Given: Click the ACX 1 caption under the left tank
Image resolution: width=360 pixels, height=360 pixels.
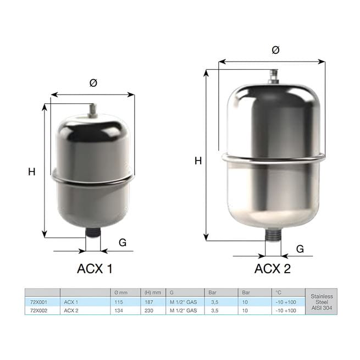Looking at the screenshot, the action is (95, 268).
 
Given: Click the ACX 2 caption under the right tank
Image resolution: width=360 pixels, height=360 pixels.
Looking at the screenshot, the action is (273, 268).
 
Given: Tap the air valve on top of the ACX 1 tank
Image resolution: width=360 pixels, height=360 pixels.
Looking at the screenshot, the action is (93, 110).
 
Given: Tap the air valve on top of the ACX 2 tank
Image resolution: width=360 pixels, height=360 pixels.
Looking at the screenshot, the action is (273, 77).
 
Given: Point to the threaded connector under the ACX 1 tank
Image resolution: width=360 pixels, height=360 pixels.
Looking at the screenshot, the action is (93, 232).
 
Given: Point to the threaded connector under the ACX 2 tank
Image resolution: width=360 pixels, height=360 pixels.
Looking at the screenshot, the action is (273, 234).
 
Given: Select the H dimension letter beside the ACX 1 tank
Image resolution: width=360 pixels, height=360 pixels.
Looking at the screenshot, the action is (32, 171).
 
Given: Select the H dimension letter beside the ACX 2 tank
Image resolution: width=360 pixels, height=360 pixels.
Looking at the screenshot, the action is (198, 161).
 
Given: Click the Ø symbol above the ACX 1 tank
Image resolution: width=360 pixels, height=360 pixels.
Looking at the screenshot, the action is (93, 83).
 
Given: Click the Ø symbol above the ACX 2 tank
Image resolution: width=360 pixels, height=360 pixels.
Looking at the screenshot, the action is (275, 50).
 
